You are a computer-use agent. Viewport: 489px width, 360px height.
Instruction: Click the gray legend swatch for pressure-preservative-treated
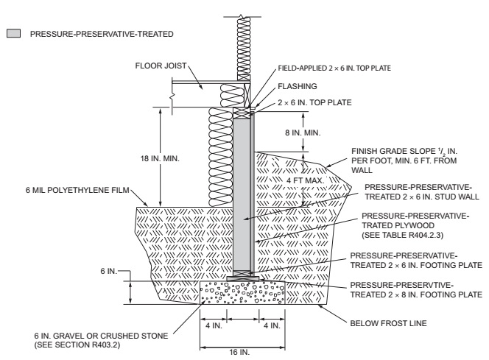pos(13,34)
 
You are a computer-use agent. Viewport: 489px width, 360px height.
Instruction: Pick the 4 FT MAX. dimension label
pos(288,177)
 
